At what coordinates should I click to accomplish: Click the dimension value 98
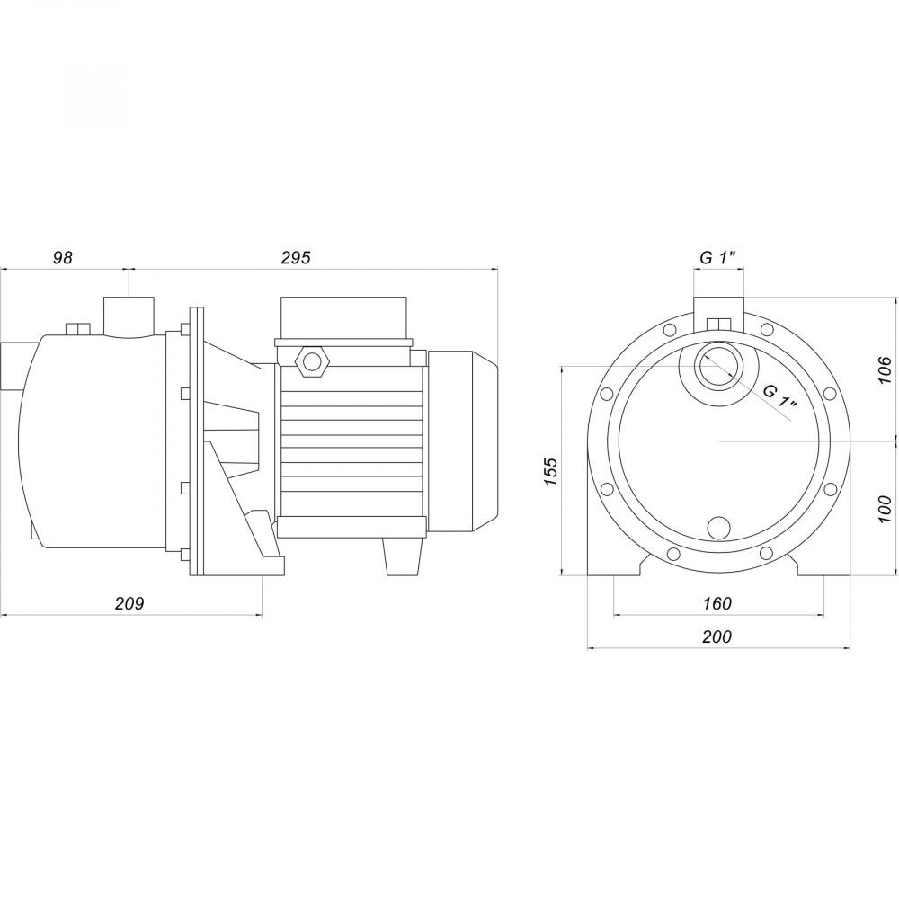(x=62, y=258)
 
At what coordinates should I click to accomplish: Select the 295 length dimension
(x=295, y=258)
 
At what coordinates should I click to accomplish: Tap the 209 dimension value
(x=129, y=603)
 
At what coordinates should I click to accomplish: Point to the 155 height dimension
(x=550, y=471)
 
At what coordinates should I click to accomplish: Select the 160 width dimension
(x=717, y=603)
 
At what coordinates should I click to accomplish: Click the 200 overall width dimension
(x=717, y=636)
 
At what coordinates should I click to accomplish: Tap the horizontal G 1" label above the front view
(x=718, y=258)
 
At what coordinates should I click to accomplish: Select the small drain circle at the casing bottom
(x=719, y=527)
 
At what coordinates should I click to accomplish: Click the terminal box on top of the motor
(x=345, y=319)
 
